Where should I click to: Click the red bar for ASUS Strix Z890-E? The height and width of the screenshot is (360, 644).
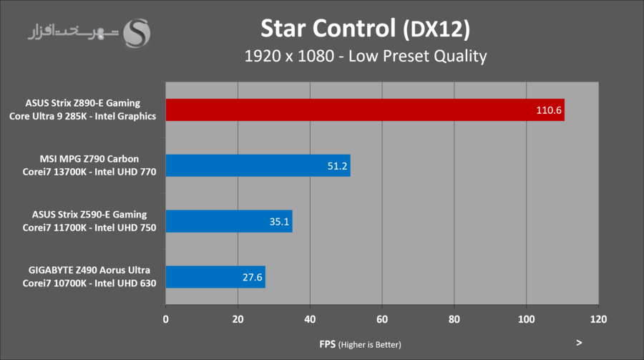click(365, 110)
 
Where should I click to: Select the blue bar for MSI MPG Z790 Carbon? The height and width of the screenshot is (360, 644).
click(258, 165)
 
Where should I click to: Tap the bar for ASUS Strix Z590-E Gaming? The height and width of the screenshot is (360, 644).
click(228, 221)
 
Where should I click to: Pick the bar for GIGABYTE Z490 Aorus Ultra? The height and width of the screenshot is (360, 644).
click(215, 277)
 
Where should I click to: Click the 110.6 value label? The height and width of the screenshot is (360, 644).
click(548, 110)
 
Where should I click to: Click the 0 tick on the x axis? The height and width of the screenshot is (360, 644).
click(166, 319)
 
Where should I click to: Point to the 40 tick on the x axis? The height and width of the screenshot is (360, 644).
click(310, 319)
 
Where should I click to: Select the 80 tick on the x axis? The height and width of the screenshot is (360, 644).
click(454, 319)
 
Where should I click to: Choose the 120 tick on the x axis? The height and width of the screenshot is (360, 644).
click(598, 319)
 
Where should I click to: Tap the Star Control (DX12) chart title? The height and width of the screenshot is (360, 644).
click(365, 28)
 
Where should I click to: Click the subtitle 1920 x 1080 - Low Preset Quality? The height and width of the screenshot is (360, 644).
click(365, 56)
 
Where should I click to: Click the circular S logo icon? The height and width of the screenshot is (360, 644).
click(138, 33)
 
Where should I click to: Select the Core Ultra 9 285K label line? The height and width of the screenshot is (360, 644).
click(83, 117)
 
